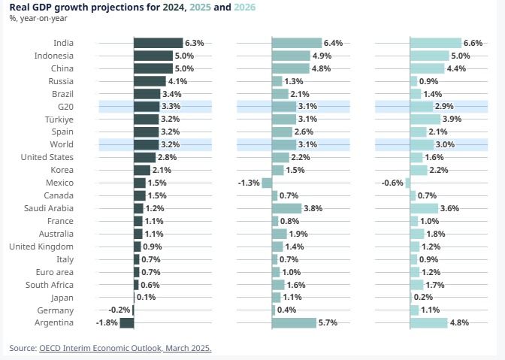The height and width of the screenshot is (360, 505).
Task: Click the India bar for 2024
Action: point(158,43)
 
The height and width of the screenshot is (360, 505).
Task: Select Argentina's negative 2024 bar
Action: point(126,323)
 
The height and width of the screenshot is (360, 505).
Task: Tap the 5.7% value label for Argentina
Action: point(328,323)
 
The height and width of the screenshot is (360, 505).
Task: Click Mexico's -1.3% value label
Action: point(249,183)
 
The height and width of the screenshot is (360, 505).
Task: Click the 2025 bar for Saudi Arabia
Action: point(286,208)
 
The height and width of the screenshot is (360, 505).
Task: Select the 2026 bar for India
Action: point(436,43)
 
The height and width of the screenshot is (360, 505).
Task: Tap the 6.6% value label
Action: point(474,43)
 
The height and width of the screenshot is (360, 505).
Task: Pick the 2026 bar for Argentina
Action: point(429,323)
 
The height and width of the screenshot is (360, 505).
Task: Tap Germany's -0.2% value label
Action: point(119,310)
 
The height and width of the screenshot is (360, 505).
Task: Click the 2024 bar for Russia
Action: point(150,81)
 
